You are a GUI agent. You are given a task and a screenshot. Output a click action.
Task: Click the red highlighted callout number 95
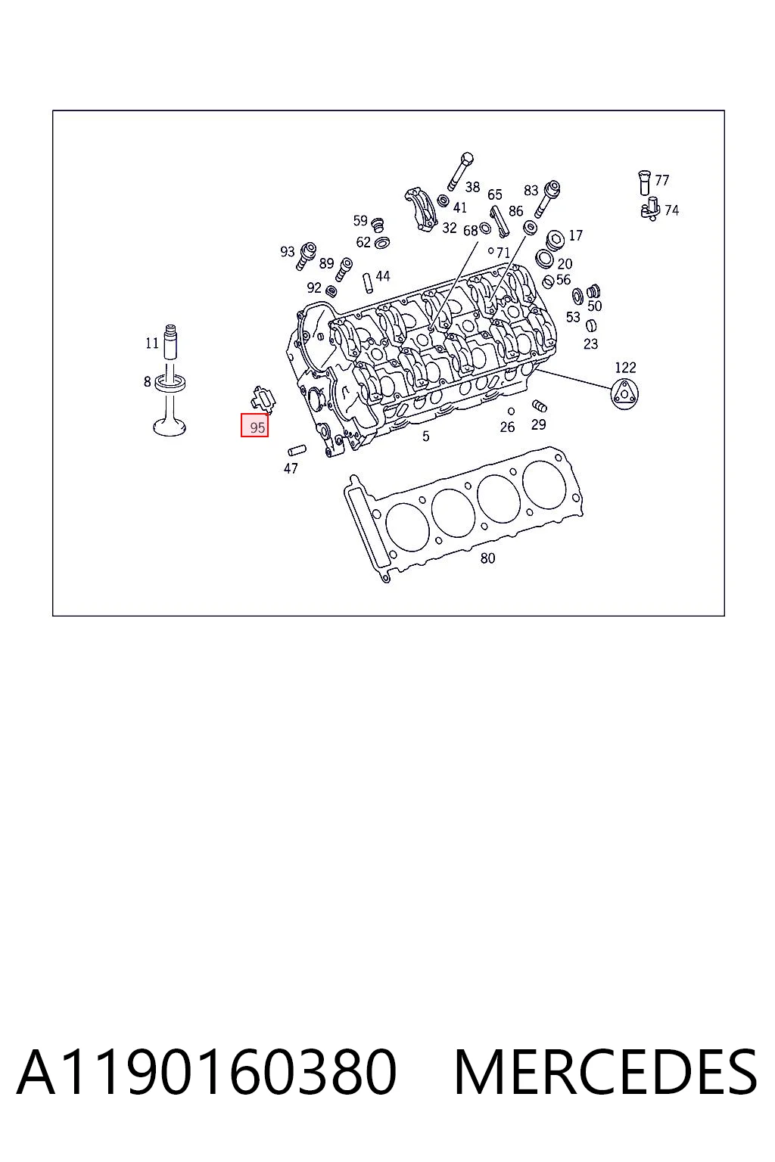254,425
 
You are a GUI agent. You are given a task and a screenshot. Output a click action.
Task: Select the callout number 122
625,367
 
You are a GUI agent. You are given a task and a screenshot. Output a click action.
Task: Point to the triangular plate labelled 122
624,394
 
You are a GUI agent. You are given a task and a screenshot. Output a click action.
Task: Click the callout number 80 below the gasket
487,558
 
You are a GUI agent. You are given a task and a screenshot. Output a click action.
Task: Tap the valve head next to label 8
170,427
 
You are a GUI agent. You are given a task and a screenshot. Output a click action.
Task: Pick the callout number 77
661,180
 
